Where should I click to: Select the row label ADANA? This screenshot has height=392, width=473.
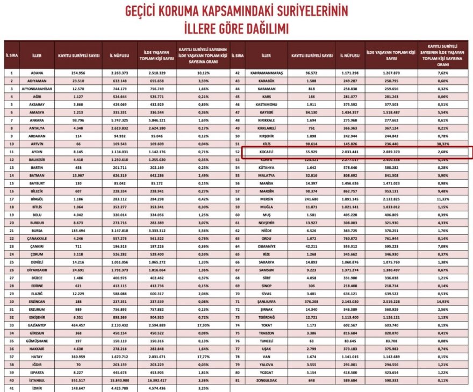[x=37, y=72]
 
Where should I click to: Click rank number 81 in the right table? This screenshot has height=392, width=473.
[x=238, y=381]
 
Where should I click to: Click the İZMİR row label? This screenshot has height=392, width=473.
[x=37, y=388]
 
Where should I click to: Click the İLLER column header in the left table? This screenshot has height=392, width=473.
[x=37, y=55]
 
